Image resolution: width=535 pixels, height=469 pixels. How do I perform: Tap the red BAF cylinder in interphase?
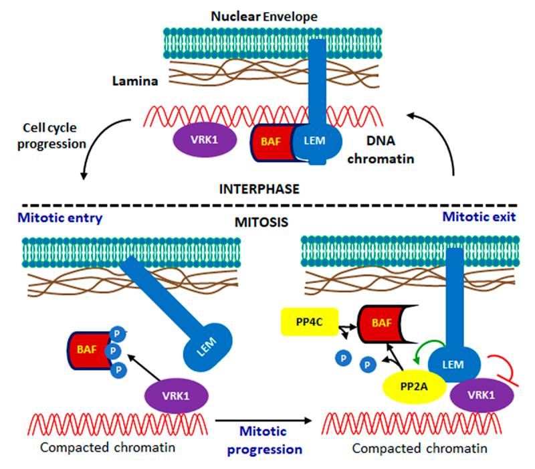tap(270, 143)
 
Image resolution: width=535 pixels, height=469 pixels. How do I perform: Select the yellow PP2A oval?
tap(405, 387)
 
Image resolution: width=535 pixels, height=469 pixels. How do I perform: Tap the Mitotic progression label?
tap(264, 442)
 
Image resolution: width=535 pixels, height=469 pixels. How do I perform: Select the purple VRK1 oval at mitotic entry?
tap(172, 395)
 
